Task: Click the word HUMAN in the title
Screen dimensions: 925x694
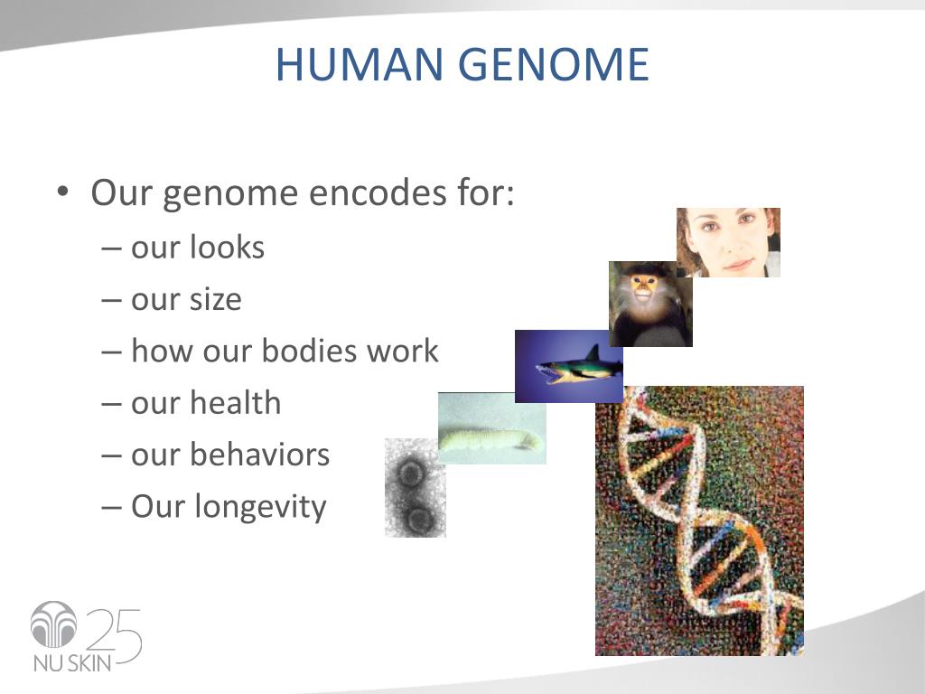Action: pyautogui.click(x=360, y=64)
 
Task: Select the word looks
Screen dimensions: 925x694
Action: pyautogui.click(x=227, y=247)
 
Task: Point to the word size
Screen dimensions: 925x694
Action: pyautogui.click(x=215, y=298)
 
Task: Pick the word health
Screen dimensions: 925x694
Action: pyautogui.click(x=235, y=402)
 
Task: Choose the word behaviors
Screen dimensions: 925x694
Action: pyautogui.click(x=259, y=455)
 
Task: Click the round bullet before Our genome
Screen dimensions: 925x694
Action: pyautogui.click(x=63, y=192)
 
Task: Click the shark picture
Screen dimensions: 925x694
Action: pyautogui.click(x=569, y=366)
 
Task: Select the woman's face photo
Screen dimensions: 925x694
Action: pyautogui.click(x=729, y=242)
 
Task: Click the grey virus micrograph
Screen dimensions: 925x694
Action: pyautogui.click(x=416, y=487)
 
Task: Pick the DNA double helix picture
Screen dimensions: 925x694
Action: pyautogui.click(x=699, y=520)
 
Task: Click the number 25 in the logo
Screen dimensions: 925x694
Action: pyautogui.click(x=115, y=635)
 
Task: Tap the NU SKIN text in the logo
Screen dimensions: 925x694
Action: pyautogui.click(x=72, y=662)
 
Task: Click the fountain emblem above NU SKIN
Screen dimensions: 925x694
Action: pyautogui.click(x=53, y=624)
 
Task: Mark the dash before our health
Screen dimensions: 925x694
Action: pyautogui.click(x=111, y=404)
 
